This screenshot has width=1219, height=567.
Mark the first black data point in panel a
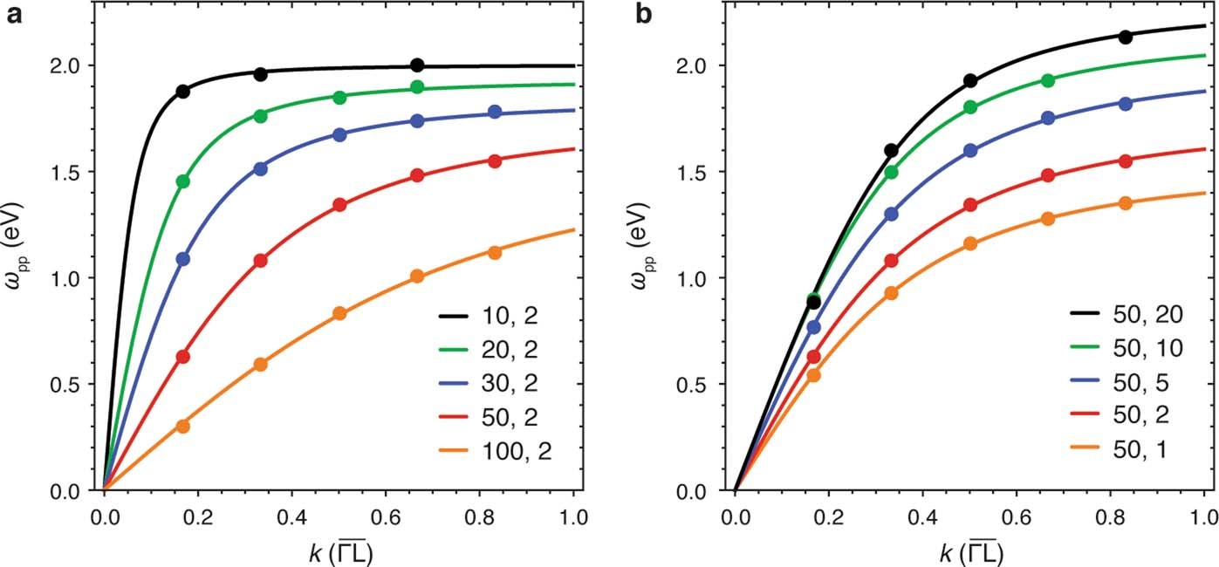pos(183,92)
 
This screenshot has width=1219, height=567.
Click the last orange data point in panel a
pos(495,252)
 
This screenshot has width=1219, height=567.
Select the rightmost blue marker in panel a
pos(495,112)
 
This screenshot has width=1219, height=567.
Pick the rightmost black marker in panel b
pos(1126,37)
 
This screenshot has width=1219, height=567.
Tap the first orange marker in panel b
pos(813,375)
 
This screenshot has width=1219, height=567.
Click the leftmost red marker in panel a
pos(183,357)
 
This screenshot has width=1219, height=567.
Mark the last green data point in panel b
pos(1048,80)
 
